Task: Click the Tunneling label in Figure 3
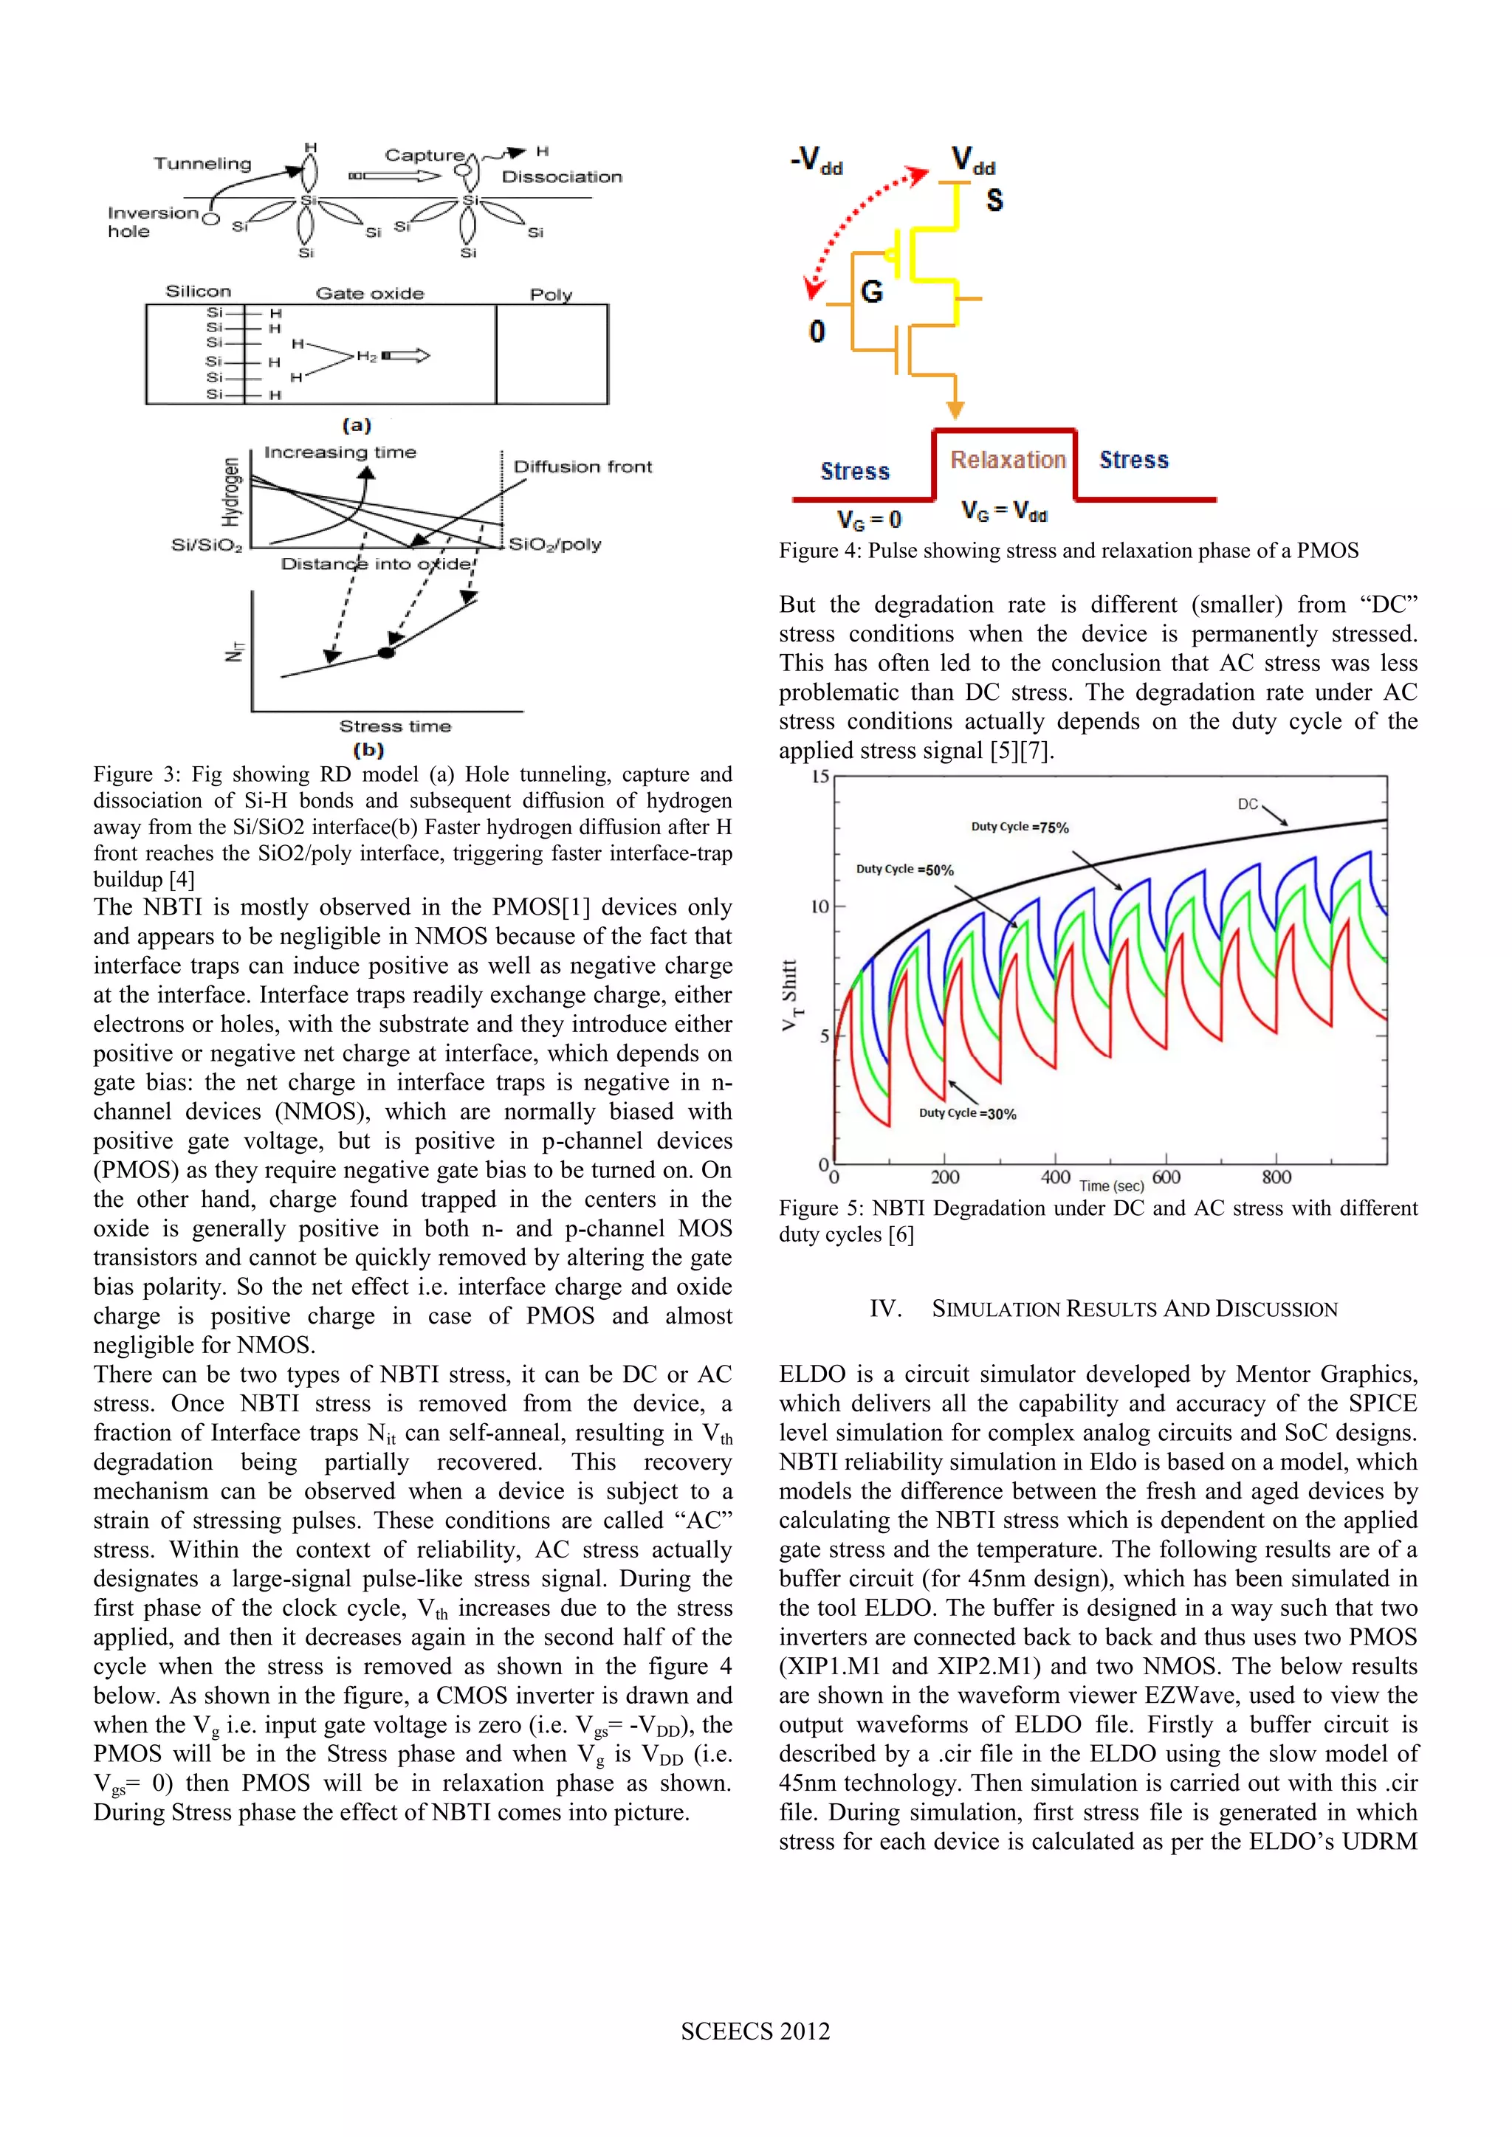[202, 164]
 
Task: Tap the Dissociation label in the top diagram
[561, 177]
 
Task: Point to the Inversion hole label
[153, 221]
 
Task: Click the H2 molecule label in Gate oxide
[367, 357]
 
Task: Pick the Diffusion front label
[583, 467]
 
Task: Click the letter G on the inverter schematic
[871, 292]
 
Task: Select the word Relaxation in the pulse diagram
[1007, 460]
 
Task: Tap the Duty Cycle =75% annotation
[1020, 827]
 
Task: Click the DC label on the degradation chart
[1248, 804]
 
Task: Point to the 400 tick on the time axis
[1055, 1177]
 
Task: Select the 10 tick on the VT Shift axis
[819, 906]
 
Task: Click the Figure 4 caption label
[819, 551]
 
